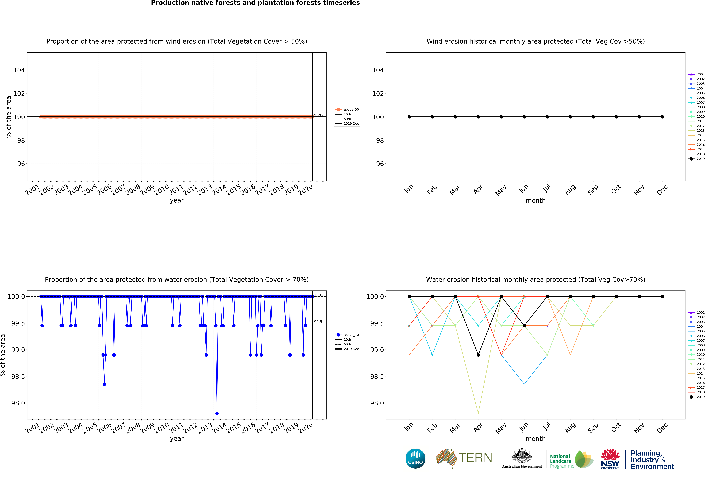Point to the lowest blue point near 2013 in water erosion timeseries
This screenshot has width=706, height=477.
[217, 413]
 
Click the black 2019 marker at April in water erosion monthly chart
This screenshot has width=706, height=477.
[478, 355]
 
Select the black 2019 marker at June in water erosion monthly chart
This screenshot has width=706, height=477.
[524, 326]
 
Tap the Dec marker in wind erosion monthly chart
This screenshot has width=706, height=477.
[662, 117]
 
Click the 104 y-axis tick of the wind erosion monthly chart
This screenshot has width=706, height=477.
[378, 70]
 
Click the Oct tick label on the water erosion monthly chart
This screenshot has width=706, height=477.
[616, 428]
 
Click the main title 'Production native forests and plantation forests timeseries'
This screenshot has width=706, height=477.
[255, 3]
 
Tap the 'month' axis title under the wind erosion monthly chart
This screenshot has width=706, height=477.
[536, 201]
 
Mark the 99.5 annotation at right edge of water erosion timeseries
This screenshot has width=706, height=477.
[318, 322]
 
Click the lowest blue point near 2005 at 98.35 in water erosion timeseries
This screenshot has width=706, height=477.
[104, 384]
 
